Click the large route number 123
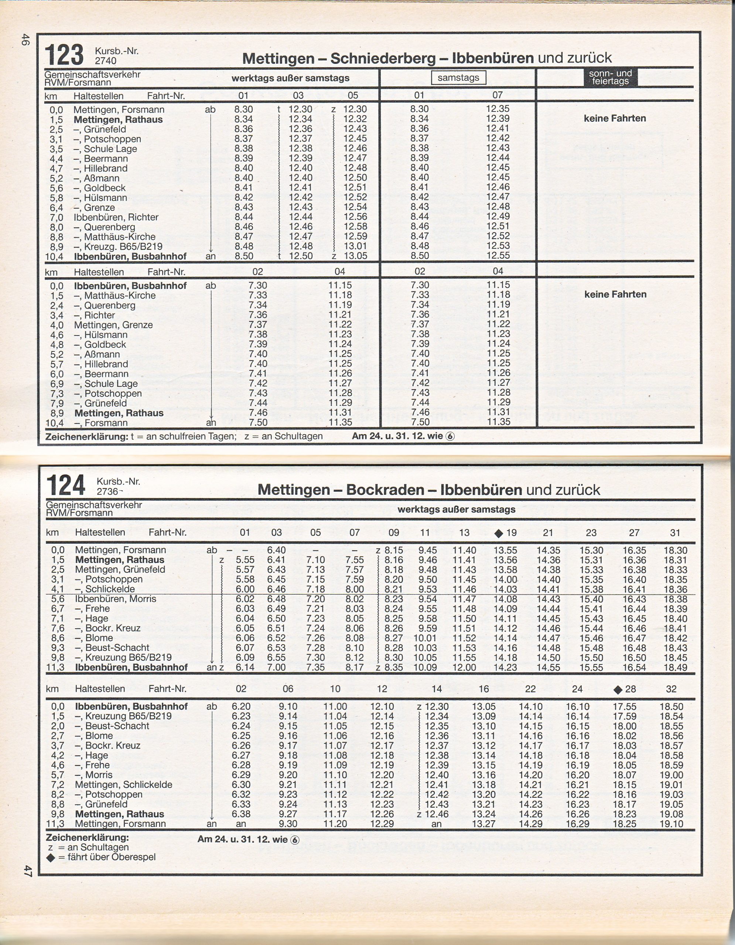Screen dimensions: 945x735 (x=64, y=55)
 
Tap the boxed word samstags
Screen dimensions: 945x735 (x=458, y=78)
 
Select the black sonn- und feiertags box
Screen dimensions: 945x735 (x=610, y=78)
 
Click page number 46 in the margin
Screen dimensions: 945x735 (x=25, y=40)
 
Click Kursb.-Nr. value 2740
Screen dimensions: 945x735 (x=106, y=61)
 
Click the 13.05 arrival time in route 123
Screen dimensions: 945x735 (x=355, y=256)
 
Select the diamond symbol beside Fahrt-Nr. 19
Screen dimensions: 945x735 (x=499, y=533)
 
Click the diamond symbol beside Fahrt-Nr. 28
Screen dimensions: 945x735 (x=618, y=690)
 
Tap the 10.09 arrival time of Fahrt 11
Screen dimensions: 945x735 (x=425, y=668)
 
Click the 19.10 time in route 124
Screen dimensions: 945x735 (x=671, y=824)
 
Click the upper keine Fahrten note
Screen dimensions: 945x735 (x=615, y=118)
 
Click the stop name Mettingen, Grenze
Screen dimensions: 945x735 (x=113, y=325)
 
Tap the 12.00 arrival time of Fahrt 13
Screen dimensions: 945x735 (x=465, y=668)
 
